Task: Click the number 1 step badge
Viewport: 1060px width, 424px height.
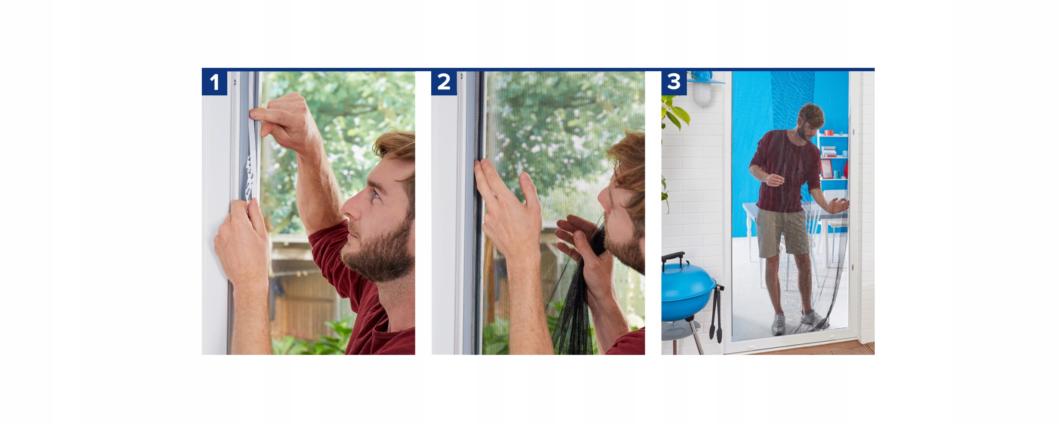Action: [215, 82]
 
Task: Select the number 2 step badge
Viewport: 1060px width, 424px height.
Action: [444, 82]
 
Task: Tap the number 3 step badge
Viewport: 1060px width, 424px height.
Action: [674, 82]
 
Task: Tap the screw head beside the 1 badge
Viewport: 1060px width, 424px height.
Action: [235, 82]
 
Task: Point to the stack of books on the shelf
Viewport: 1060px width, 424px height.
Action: [828, 151]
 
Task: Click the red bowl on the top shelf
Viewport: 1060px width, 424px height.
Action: [828, 132]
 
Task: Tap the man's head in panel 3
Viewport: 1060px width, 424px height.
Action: [810, 121]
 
